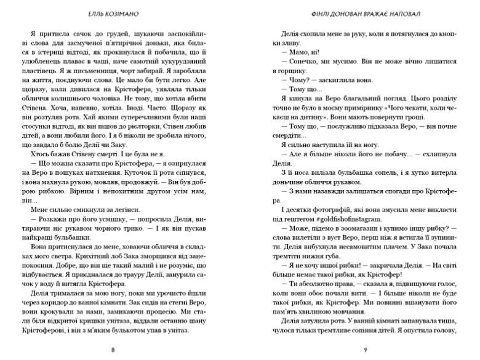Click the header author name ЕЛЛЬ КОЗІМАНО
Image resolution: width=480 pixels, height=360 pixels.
click(x=111, y=14)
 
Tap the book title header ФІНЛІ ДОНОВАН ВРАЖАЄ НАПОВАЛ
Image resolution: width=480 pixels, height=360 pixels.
click(x=366, y=14)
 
